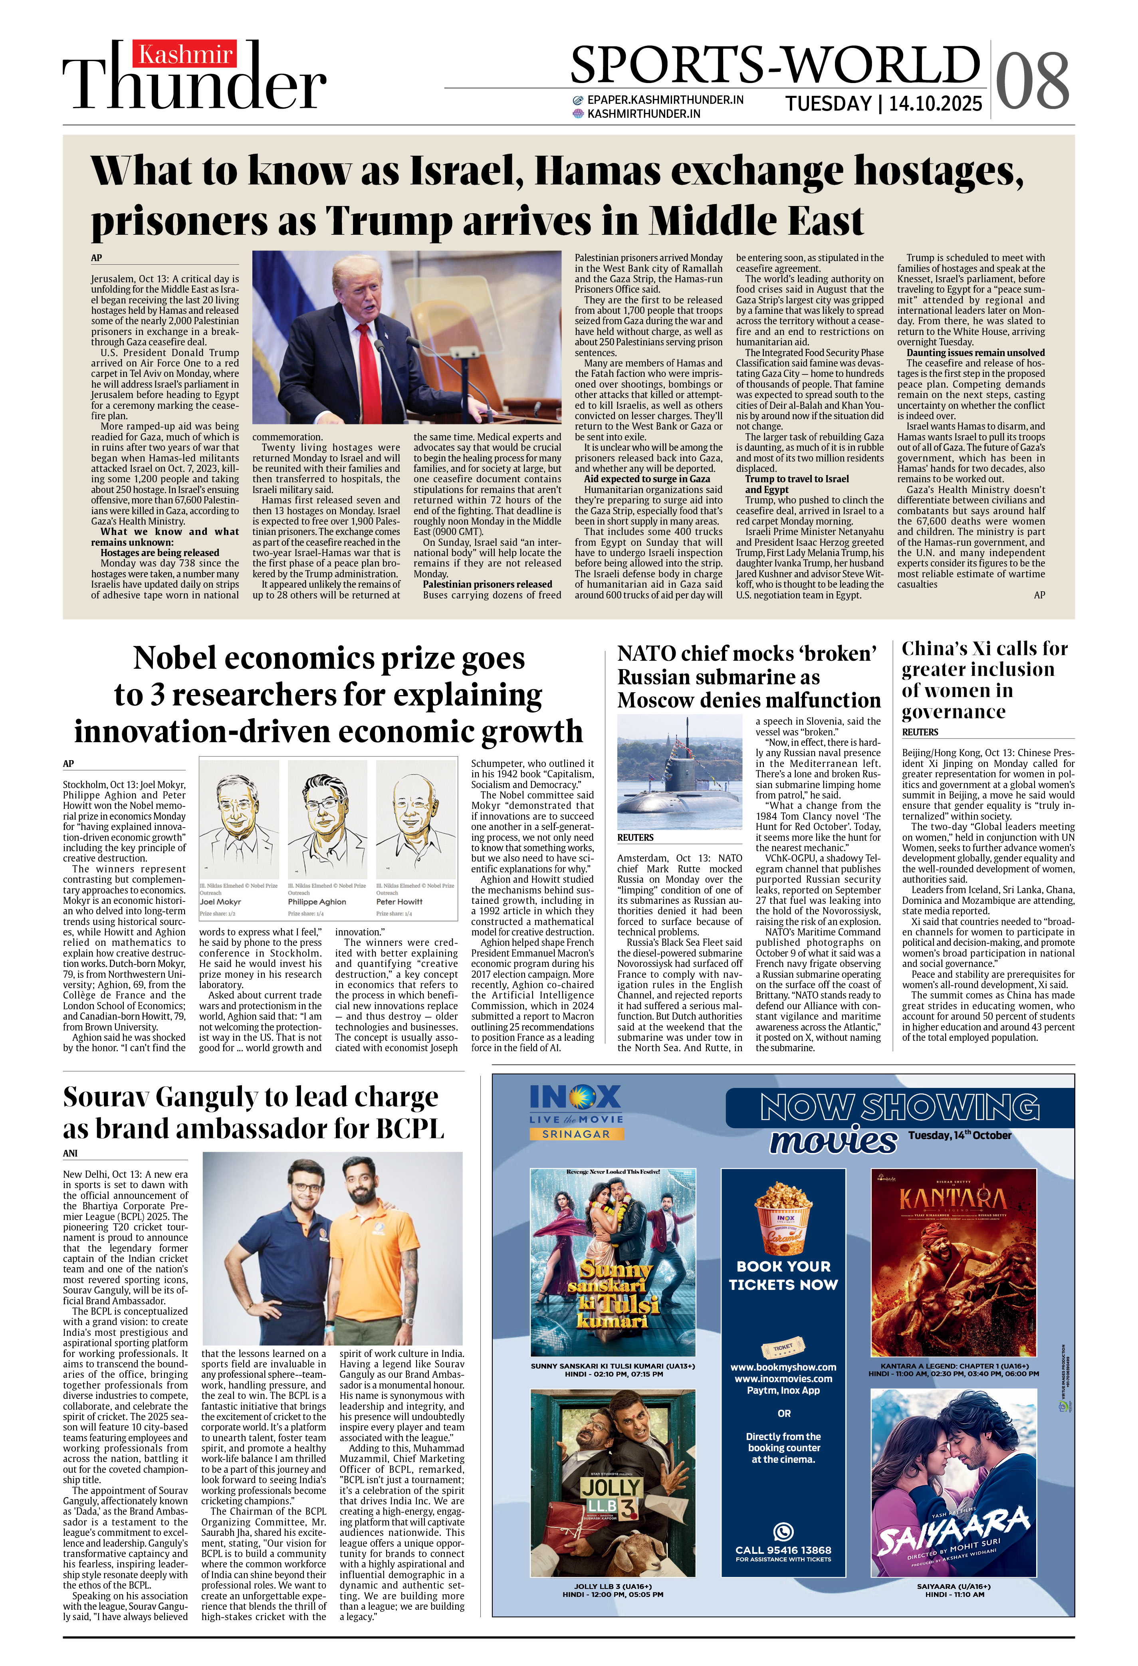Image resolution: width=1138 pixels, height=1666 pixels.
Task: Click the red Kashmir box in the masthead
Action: (x=185, y=54)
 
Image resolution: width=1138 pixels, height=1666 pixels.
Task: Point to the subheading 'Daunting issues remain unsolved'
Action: (x=975, y=353)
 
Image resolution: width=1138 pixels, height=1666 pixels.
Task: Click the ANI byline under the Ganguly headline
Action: (x=70, y=1153)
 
